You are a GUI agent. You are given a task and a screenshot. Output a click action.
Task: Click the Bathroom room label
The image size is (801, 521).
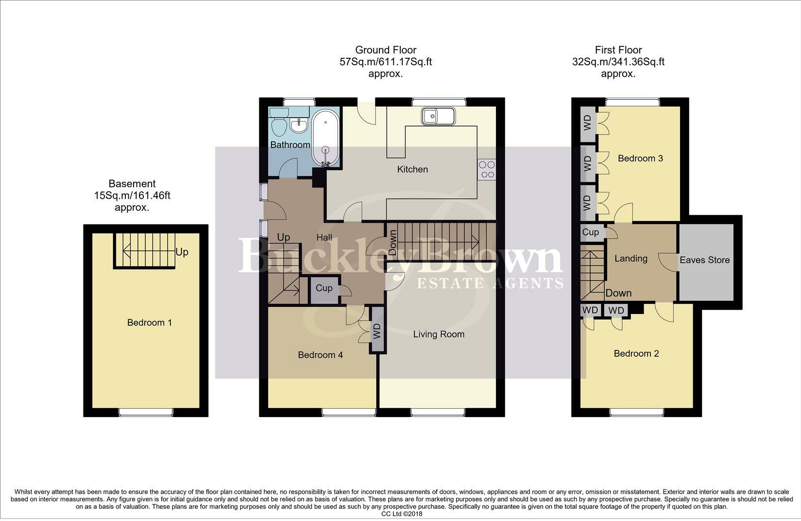point(290,145)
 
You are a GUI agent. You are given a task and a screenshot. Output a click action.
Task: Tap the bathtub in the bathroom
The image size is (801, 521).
point(325,138)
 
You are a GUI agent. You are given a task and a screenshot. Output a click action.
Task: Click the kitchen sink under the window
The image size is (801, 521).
point(438,117)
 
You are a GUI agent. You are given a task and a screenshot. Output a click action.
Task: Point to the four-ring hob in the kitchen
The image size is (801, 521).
point(486,170)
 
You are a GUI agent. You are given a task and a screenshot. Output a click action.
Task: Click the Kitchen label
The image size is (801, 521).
point(412,170)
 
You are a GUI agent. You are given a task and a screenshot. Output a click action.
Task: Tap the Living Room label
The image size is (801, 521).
point(439,334)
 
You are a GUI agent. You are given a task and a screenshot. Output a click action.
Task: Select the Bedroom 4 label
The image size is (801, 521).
point(320,355)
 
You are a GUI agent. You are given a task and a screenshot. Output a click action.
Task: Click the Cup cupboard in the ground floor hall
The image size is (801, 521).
point(324,288)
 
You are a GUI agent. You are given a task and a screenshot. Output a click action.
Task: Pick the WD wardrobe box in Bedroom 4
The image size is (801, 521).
point(377,331)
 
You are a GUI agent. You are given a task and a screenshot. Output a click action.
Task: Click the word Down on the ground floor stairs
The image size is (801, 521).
point(392,243)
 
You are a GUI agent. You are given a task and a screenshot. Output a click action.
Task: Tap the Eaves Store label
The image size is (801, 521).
point(704,260)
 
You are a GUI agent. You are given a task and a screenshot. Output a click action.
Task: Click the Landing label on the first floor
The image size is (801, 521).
point(631,259)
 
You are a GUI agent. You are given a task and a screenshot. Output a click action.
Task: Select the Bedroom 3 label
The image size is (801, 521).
point(640,158)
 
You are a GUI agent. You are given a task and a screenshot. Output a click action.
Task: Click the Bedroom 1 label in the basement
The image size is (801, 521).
point(149,323)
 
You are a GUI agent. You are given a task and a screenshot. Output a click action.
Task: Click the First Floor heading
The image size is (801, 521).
point(618,50)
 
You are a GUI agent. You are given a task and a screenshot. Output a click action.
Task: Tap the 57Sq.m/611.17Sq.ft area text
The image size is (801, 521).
point(386,62)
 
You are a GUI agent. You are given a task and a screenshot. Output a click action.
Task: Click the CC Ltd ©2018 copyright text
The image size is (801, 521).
point(402,514)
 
